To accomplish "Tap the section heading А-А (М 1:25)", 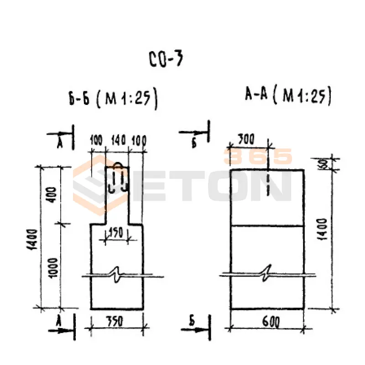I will (x=287, y=96).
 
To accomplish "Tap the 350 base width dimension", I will (x=118, y=322).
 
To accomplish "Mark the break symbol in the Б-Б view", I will (x=118, y=276).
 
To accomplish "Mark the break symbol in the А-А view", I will (x=267, y=274).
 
